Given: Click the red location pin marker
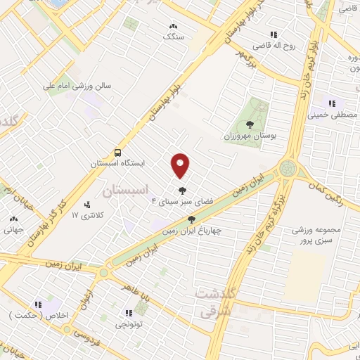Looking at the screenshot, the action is pyautogui.click(x=181, y=165).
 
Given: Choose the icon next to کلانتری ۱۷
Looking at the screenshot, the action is pyautogui.click(x=88, y=205).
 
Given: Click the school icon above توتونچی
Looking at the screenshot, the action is pyautogui.click(x=128, y=314).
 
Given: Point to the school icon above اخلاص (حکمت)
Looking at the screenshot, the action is pyautogui.click(x=41, y=304).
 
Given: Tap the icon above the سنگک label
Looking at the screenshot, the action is pyautogui.click(x=172, y=26).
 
